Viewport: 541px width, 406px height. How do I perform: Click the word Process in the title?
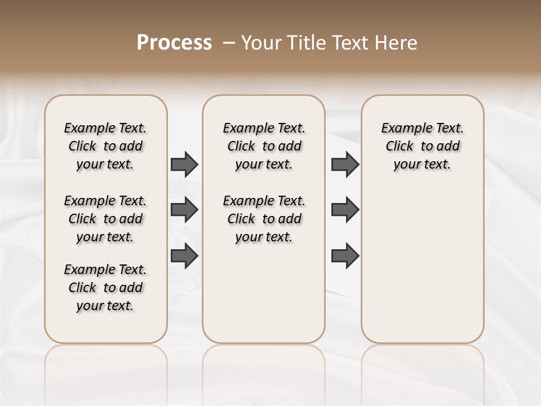(174, 43)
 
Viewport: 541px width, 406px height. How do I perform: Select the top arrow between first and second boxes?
(184, 165)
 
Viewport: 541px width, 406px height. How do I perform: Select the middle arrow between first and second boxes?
(184, 210)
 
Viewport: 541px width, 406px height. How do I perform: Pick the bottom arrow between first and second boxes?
(184, 256)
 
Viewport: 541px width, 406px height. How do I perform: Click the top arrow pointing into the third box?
(345, 165)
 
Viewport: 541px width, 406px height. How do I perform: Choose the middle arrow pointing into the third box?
(345, 210)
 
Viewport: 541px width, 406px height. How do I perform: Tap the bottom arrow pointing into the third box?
(345, 256)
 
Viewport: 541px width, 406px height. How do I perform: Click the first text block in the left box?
(105, 146)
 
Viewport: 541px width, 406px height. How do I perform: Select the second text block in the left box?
(105, 219)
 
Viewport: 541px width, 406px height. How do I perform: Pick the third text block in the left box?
(105, 288)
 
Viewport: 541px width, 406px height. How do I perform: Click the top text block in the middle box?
(264, 146)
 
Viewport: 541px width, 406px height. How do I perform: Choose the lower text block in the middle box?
(264, 219)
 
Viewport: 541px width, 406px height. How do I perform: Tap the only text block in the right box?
(422, 146)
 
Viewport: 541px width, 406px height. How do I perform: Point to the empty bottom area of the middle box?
(264, 299)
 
